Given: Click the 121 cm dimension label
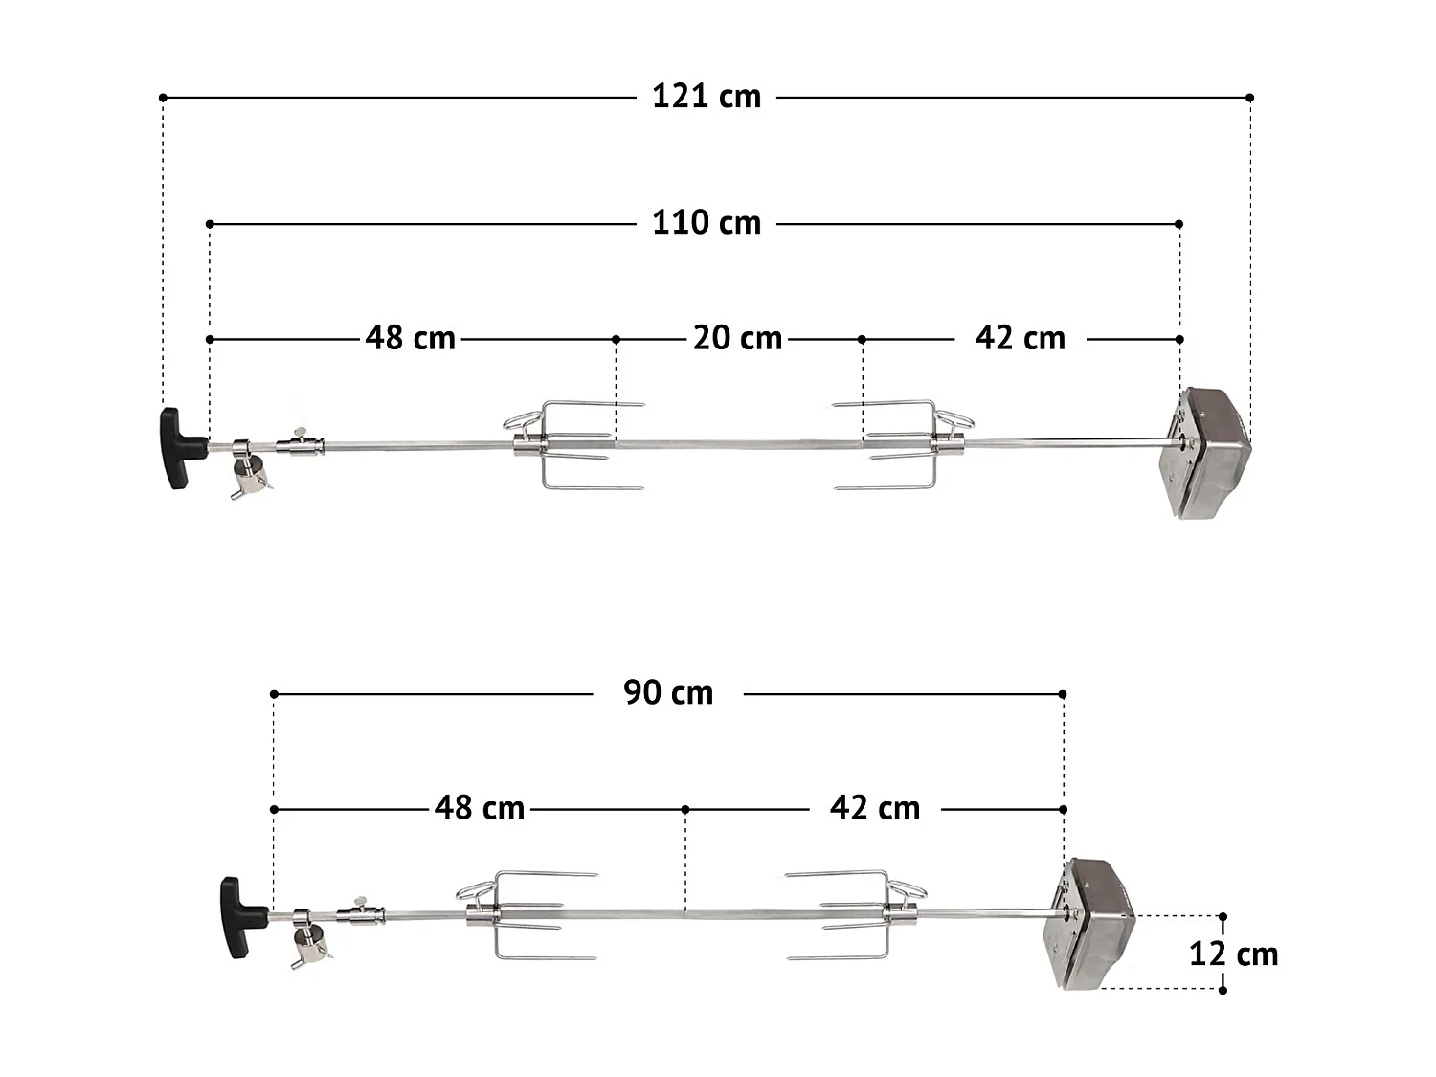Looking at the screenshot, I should [707, 97].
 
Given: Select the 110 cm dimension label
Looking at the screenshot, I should [707, 223].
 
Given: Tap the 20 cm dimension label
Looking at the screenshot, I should [737, 338].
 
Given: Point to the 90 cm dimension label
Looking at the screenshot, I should [668, 692].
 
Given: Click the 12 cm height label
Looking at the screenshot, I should [1234, 954].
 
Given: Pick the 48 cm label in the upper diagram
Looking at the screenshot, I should [411, 338].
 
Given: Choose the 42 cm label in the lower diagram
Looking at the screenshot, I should [875, 808].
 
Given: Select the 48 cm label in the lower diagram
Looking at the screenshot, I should [480, 808].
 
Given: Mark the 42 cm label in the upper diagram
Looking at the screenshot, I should [1020, 338].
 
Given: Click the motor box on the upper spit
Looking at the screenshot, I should [1208, 454].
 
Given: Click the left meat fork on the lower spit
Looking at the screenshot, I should [522, 916].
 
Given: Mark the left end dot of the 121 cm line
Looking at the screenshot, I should [163, 98].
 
